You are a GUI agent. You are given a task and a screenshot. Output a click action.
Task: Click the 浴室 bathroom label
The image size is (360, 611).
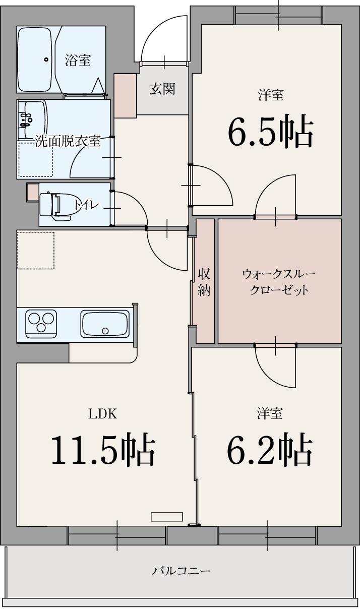point(78,60)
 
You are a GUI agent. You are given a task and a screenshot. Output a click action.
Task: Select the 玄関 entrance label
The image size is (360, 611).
point(162,89)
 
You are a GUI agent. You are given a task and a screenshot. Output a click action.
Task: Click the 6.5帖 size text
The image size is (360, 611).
point(271,132)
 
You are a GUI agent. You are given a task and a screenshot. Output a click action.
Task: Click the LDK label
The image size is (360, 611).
point(103,414)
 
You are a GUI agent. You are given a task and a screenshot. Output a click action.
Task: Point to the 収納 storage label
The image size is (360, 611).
point(204,282)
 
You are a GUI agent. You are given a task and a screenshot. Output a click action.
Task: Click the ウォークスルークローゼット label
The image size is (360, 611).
point(279,282)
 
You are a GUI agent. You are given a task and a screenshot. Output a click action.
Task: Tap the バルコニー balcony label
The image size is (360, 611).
point(181,571)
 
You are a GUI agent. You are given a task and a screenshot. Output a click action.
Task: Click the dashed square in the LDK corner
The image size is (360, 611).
point(35,250)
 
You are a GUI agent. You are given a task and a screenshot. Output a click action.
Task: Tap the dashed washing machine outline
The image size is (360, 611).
point(35,159)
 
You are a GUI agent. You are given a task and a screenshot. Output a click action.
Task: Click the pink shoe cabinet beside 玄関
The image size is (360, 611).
point(125,95)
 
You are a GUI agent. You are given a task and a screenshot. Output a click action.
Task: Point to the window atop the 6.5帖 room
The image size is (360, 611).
point(278,16)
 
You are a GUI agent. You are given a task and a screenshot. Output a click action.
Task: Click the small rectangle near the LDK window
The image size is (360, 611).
point(166,517)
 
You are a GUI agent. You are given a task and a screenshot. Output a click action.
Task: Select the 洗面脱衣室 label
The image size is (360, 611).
point(68,141)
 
